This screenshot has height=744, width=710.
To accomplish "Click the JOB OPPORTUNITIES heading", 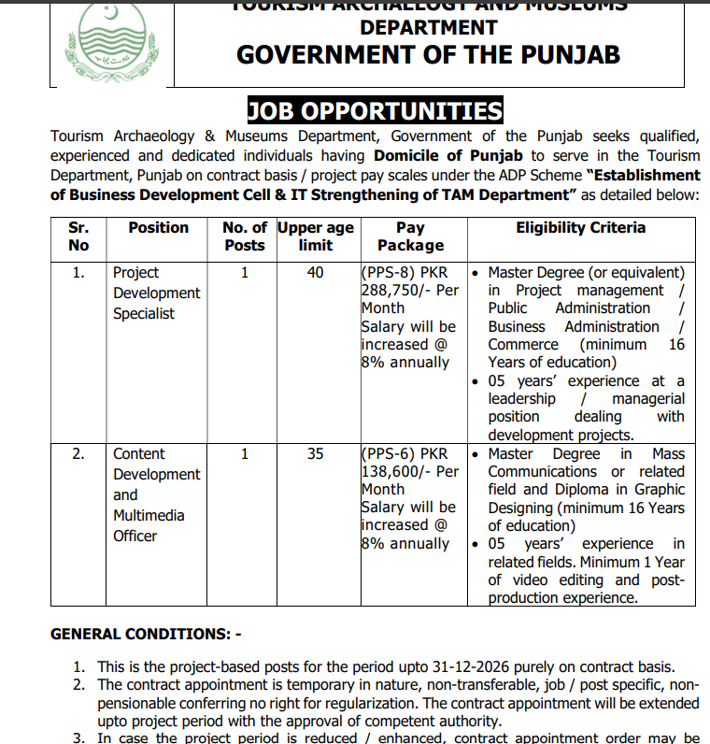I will pos(375,112).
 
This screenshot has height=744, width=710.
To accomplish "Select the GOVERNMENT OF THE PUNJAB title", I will pos(428,54).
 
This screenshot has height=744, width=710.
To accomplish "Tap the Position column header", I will pos(158,228).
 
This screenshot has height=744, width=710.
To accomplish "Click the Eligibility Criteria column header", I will pos(580,228).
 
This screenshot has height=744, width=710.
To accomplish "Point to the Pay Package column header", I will pos(410,236).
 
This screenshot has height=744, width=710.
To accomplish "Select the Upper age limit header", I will pos(316,236).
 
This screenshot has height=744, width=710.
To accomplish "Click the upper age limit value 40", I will pos(316,273).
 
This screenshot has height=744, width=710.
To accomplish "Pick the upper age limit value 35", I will pos(316,454).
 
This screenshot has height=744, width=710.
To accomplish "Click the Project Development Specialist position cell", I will pos(156,293).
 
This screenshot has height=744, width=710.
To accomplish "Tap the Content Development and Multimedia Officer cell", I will pos(156,494).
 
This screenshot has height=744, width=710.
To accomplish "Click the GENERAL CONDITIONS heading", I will pos(145,635).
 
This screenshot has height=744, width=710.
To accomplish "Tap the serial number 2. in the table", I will pos(79,454).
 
